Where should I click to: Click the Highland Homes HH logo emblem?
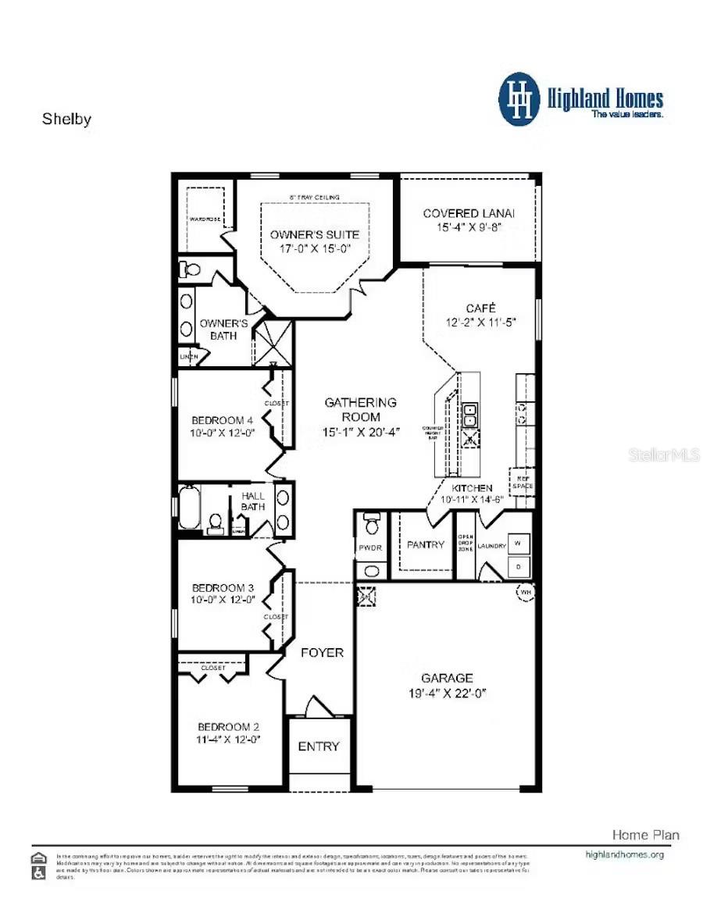519,99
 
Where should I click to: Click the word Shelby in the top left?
66,119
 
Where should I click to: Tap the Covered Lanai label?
469,213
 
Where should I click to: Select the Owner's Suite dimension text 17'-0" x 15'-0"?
315,249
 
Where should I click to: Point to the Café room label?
480,308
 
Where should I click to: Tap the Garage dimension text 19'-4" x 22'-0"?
447,693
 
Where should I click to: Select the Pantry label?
426,544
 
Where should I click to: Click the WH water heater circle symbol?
525,593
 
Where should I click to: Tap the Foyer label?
322,652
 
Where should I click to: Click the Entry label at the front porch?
319,747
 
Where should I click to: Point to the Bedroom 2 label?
228,726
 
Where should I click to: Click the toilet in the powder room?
373,522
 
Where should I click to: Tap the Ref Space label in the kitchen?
522,482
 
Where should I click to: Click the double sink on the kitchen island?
471,415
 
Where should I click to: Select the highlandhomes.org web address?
624,854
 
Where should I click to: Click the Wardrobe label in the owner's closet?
204,219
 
